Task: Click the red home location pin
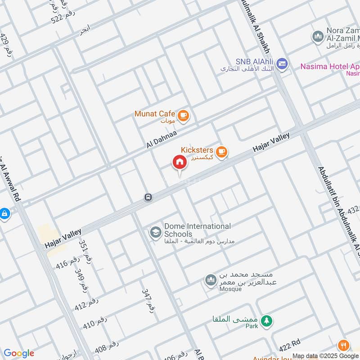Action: pyautogui.click(x=179, y=162)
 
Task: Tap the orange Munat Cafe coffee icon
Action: pyautogui.click(x=183, y=116)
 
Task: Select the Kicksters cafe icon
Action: pyautogui.click(x=220, y=152)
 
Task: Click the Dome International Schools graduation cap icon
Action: pyautogui.click(x=156, y=232)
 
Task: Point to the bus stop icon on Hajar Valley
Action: pyautogui.click(x=148, y=197)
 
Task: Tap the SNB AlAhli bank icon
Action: pyautogui.click(x=282, y=64)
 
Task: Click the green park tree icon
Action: pyautogui.click(x=267, y=320)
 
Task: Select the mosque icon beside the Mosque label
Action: pyautogui.click(x=210, y=281)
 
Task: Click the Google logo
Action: pyautogui.click(x=19, y=353)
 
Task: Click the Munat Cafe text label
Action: pyautogui.click(x=154, y=114)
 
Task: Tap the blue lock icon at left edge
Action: pyautogui.click(x=4, y=213)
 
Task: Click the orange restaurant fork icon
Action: pyautogui.click(x=344, y=346)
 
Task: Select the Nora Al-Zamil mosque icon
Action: pyautogui.click(x=318, y=36)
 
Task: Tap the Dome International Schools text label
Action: pyautogui.click(x=197, y=230)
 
